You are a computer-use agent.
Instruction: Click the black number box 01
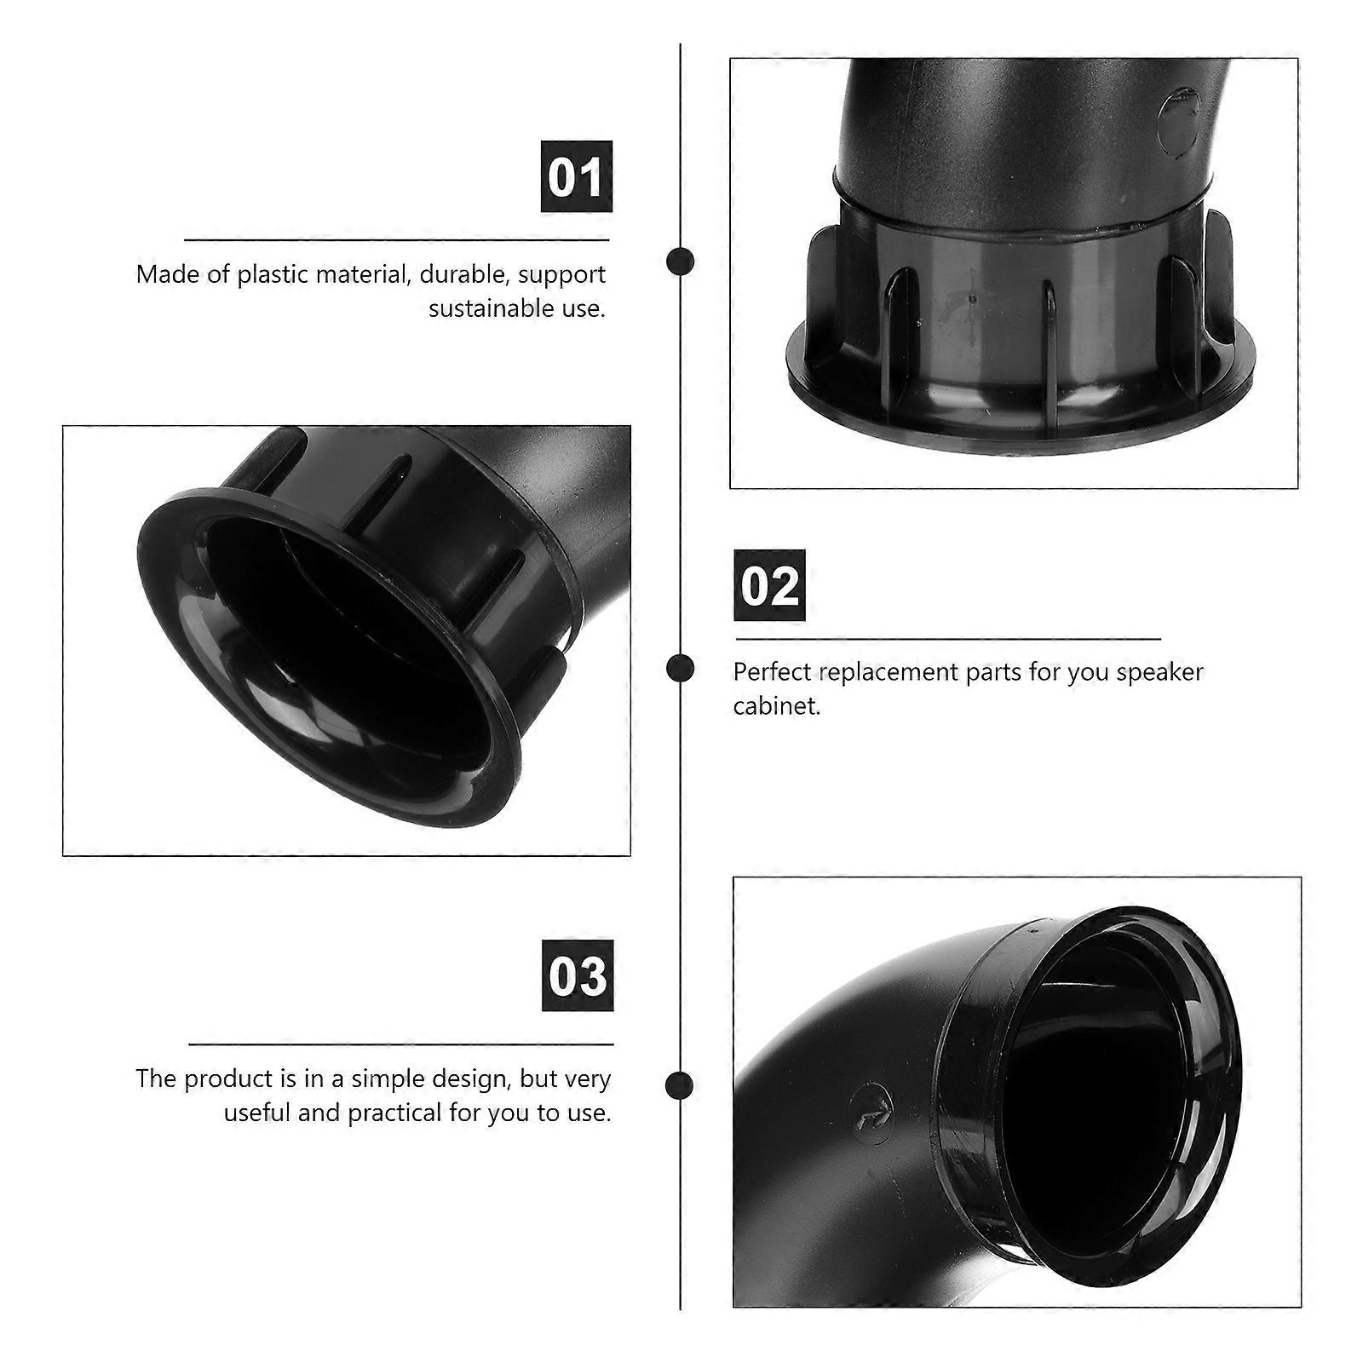click(x=577, y=176)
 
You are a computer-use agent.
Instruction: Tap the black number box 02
click(x=769, y=585)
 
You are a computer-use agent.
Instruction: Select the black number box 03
click(x=578, y=975)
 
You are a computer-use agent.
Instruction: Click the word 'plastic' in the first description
click(x=273, y=275)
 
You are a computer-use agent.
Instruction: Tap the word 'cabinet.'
click(x=777, y=705)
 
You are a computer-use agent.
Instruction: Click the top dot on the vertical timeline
click(x=680, y=261)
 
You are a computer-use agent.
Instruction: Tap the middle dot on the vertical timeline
click(x=680, y=668)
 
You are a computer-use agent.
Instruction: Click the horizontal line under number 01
click(x=397, y=241)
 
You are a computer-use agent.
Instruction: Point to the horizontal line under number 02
click(x=947, y=638)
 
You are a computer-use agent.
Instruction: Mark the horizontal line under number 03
click(x=400, y=1044)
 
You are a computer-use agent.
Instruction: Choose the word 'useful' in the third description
click(x=258, y=1113)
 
